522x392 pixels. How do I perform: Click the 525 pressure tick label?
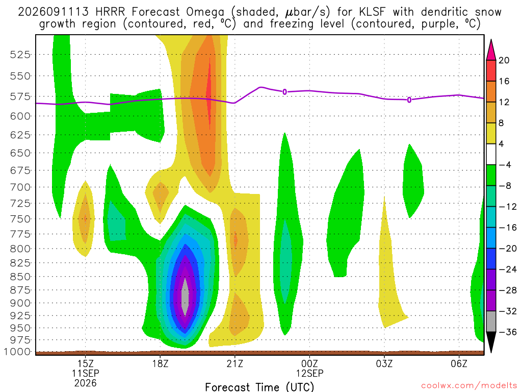click(20, 54)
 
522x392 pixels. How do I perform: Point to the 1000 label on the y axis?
click(17, 352)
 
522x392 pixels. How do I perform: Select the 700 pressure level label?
click(20, 187)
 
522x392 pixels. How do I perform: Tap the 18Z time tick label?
click(160, 363)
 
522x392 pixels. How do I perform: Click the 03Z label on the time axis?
click(384, 363)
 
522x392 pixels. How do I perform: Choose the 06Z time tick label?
click(459, 363)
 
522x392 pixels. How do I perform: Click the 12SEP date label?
click(309, 373)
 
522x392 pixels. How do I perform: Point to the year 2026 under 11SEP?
click(86, 383)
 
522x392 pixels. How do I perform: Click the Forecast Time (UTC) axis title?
click(259, 387)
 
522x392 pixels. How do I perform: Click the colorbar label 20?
click(504, 60)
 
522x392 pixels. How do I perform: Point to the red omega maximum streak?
click(208, 93)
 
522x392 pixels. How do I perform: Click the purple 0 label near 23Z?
click(284, 92)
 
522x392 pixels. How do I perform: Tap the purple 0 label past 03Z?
click(409, 100)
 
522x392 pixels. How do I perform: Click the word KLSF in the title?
click(372, 12)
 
